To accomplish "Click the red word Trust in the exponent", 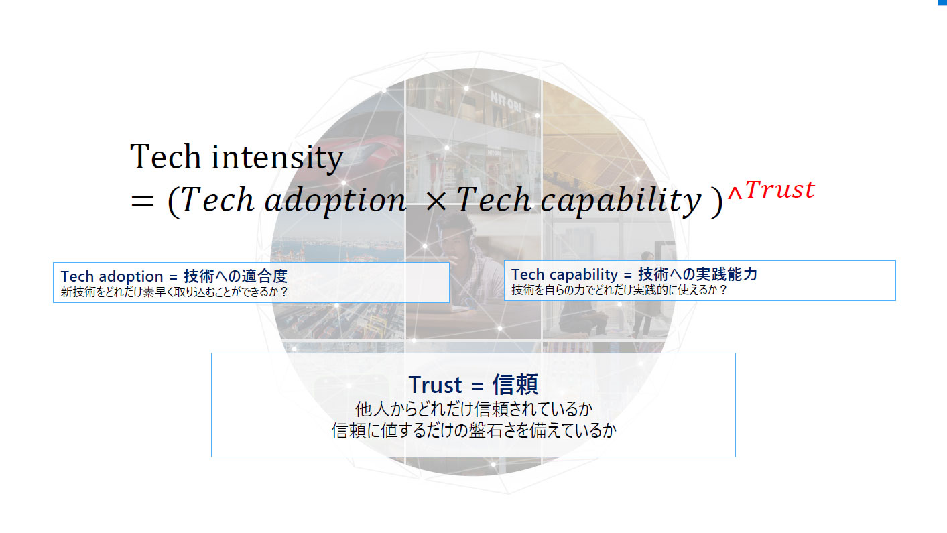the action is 779,190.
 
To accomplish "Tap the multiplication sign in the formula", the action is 436,201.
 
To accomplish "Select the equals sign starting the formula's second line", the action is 142,201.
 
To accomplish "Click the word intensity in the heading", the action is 277,158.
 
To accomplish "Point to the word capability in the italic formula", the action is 621,200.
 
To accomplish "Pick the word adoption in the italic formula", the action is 335,200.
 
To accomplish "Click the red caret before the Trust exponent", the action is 735,194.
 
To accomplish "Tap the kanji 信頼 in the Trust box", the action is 515,385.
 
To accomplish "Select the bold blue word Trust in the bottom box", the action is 435,385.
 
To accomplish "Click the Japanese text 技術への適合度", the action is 235,276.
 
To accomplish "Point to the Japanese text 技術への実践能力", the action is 698,274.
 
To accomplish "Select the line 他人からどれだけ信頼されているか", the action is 473,409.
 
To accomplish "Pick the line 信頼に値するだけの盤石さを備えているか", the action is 473,430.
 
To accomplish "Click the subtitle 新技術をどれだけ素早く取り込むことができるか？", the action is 174,292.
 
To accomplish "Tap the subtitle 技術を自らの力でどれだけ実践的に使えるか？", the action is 619,290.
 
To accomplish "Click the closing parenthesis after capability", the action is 716,202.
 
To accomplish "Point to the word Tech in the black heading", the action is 166,158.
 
